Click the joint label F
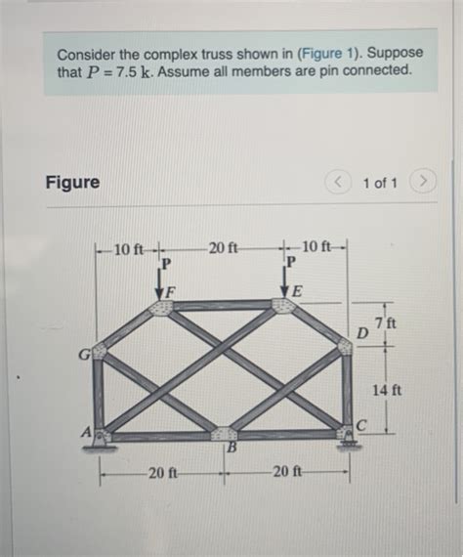[171, 291]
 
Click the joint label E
[297, 292]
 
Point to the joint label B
[231, 449]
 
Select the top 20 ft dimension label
[224, 244]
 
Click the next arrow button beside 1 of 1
[422, 182]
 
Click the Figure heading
[72, 182]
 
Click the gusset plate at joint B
[224, 433]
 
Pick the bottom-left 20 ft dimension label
[162, 473]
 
